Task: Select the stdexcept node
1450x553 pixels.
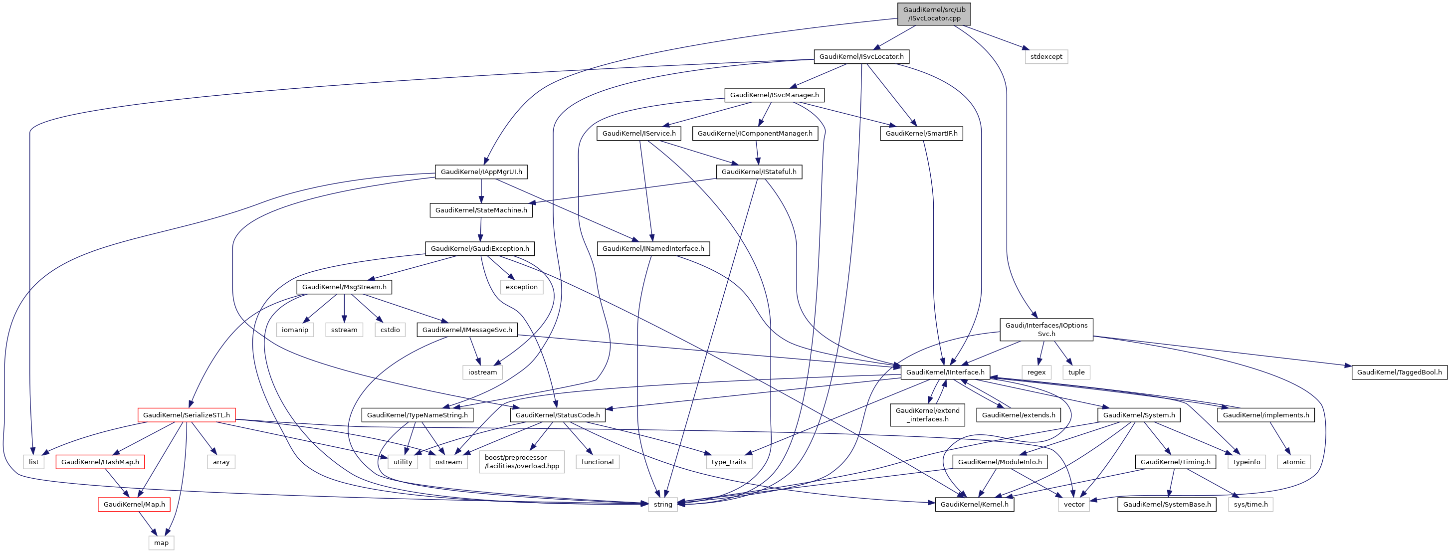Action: click(x=1046, y=57)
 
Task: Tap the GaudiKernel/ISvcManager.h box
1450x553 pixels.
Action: click(x=774, y=95)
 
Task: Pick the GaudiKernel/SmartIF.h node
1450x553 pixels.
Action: click(x=921, y=133)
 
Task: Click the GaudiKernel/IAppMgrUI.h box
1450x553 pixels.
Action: click(x=481, y=172)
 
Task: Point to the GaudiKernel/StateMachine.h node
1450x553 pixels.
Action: click(x=481, y=210)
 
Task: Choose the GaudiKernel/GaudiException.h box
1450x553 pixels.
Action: click(x=479, y=249)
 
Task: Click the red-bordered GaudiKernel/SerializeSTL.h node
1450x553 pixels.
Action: click(x=187, y=415)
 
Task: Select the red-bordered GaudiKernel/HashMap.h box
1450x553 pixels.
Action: click(x=100, y=462)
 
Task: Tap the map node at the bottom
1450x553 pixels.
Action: click(x=161, y=543)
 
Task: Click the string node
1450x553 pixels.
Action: click(x=662, y=504)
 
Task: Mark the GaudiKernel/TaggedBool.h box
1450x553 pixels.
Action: click(x=1399, y=372)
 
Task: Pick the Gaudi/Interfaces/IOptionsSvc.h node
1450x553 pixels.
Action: click(x=1046, y=330)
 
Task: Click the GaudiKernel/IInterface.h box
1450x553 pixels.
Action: click(x=945, y=372)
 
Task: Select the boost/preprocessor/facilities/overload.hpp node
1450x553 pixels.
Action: click(x=521, y=462)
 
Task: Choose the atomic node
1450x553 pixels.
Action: click(x=1293, y=462)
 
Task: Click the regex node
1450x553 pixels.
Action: click(x=1036, y=372)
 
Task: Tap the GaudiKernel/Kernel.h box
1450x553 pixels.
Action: click(x=974, y=504)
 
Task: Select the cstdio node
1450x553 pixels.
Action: click(x=390, y=330)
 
